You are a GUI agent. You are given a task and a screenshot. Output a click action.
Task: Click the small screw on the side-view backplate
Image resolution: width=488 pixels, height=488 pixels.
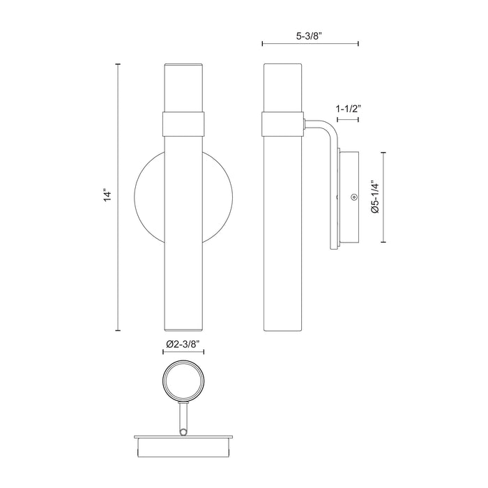(x=354, y=197)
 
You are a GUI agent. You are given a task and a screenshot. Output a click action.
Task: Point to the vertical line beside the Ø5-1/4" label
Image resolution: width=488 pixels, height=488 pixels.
(x=384, y=197)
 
